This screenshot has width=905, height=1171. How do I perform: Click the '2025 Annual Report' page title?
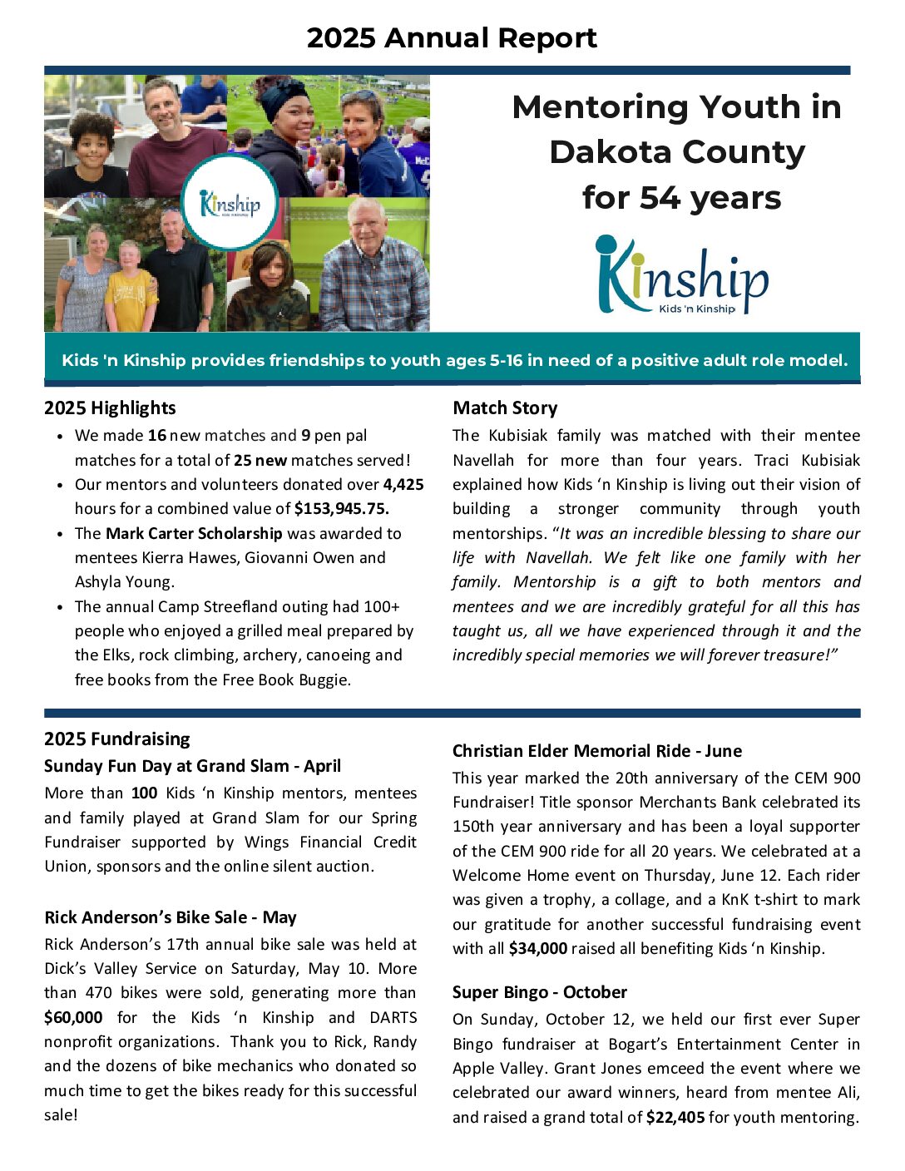point(452,38)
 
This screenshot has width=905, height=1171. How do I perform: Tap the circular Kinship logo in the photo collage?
point(230,202)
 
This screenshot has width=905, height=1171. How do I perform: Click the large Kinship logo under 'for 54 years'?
point(681,275)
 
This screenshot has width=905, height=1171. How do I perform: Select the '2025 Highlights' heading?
point(110,408)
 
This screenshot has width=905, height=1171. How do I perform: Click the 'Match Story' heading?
point(505,408)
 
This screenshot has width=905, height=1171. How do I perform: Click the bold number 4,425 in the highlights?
point(403,484)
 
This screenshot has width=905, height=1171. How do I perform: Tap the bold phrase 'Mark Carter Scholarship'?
point(194,533)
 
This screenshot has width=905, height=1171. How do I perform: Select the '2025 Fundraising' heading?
point(117,739)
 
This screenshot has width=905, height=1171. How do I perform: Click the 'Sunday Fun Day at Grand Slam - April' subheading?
point(192,766)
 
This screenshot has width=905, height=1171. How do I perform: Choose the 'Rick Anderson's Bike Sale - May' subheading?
point(171,917)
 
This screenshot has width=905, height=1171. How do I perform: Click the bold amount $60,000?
point(74,1017)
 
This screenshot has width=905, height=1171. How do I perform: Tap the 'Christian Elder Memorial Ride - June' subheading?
point(597,751)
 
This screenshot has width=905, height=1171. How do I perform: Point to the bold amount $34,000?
point(538,948)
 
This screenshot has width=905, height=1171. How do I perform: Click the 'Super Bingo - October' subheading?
point(540,992)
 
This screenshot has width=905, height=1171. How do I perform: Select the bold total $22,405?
point(675,1117)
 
